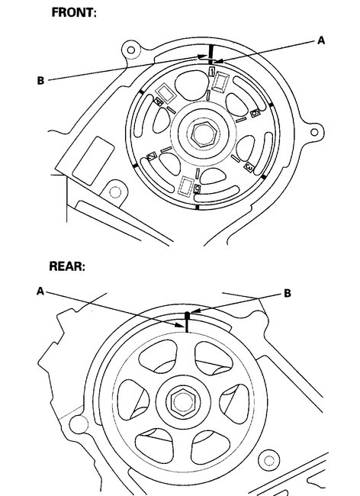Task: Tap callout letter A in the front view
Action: point(321,42)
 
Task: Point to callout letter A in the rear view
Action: point(39,291)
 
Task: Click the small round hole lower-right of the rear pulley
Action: point(266,461)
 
